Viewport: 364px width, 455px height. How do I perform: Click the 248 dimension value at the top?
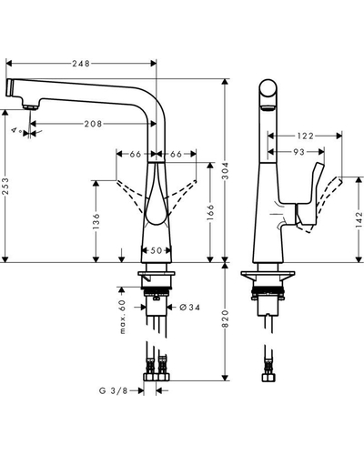(81, 64)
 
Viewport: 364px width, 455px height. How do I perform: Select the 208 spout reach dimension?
(94, 124)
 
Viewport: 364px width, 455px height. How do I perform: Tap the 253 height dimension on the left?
(6, 187)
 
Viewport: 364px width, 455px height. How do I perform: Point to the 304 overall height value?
(226, 171)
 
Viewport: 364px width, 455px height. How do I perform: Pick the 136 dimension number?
(96, 221)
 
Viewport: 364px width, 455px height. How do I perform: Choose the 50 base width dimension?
(157, 250)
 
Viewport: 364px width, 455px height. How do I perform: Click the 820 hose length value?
(226, 318)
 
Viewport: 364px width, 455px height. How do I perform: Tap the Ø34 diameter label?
(190, 308)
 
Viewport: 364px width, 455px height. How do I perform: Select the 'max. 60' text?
(122, 317)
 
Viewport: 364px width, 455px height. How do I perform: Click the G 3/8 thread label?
(114, 390)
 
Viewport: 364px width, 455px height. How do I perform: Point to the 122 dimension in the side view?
(305, 136)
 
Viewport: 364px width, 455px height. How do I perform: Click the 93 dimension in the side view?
(298, 152)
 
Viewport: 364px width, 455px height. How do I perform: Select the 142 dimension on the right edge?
(359, 220)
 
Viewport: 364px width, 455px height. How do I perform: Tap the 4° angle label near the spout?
(16, 131)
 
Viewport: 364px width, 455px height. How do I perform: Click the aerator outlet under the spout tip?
(30, 107)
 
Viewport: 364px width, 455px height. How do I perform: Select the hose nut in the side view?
(268, 378)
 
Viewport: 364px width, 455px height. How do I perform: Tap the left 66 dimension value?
(136, 154)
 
